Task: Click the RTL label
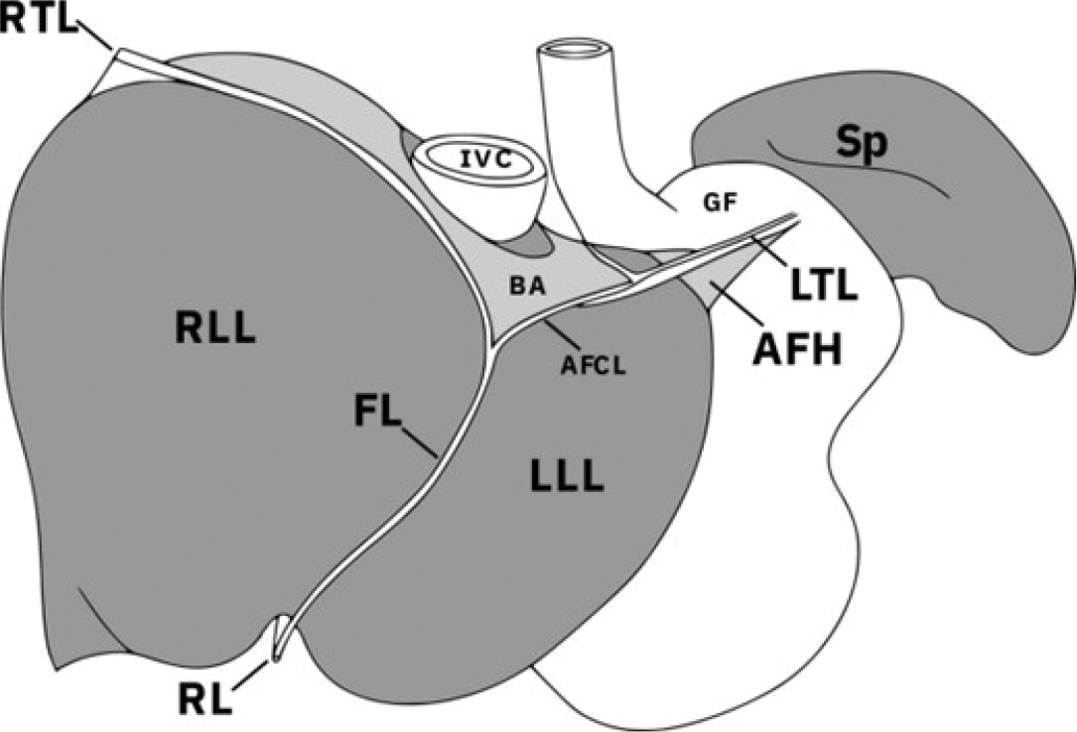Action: (x=40, y=20)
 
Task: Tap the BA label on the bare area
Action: (x=526, y=288)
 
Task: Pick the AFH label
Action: (x=794, y=348)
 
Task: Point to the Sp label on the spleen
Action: (x=861, y=144)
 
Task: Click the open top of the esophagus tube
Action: (x=572, y=47)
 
